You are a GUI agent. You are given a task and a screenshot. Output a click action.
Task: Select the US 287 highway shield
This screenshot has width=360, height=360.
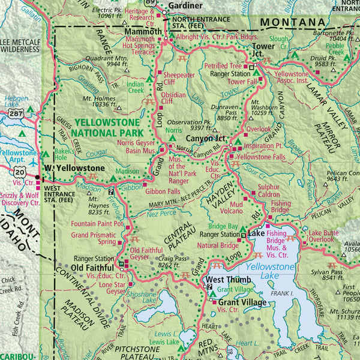[x=16, y=112]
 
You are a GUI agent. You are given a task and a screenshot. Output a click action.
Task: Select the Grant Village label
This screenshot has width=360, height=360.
[x=242, y=302]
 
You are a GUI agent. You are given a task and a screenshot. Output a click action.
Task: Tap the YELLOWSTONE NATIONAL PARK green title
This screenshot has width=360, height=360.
[x=108, y=127]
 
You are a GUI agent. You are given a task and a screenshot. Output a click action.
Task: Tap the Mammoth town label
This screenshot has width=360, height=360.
[x=143, y=31]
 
